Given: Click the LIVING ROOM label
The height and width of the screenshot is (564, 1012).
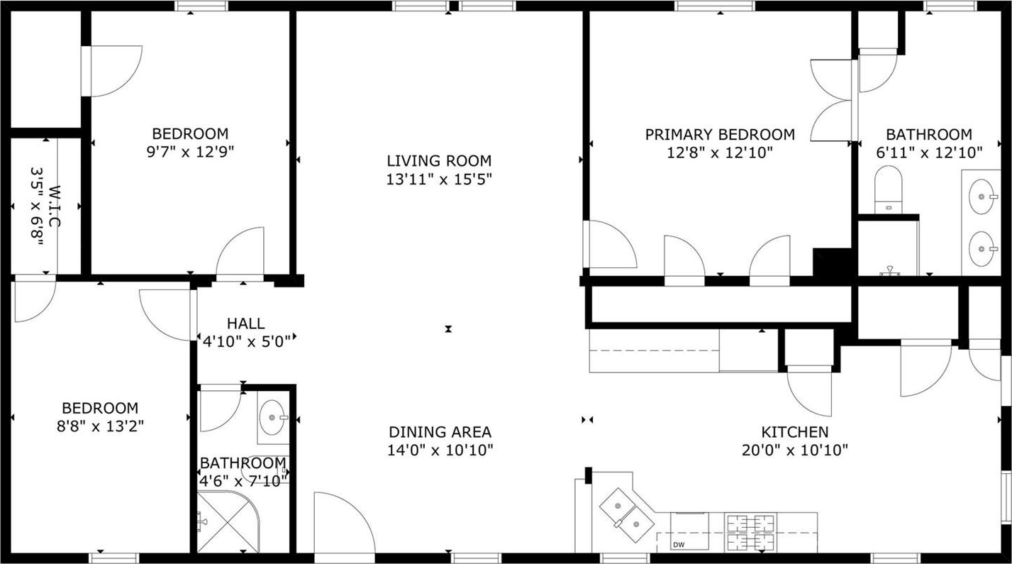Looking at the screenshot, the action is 439,161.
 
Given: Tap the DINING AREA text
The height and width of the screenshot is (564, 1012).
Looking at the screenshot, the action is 440,432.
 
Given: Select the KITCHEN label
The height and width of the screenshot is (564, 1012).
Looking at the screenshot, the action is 795,432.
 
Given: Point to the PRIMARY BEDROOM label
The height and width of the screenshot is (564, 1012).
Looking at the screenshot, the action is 720,135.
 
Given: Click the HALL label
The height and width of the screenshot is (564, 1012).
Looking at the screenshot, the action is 246,324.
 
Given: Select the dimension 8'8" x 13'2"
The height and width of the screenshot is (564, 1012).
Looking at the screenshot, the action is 100,426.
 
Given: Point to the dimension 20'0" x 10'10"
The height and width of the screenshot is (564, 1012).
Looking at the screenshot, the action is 795,450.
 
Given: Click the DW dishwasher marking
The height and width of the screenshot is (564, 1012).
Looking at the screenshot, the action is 679,545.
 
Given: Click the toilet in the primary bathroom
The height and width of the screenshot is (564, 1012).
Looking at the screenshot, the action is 888,189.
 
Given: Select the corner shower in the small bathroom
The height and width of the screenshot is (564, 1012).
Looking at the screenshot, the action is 228,521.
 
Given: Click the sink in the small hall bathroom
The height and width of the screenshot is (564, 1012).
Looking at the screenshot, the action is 273,417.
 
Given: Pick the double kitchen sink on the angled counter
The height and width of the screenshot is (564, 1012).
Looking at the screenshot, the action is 627,515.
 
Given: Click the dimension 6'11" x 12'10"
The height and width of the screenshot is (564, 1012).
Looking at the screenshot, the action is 929,153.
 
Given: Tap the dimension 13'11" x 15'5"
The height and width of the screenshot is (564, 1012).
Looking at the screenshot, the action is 439,179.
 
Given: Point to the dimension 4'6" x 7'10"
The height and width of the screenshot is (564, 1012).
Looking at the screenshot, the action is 244,481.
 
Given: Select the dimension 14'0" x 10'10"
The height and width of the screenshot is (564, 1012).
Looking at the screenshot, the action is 440,450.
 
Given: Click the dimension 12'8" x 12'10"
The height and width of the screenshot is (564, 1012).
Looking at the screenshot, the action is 720,153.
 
